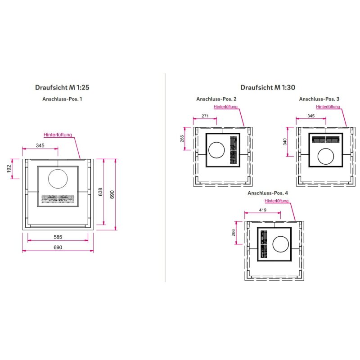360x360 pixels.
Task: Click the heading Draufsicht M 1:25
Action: point(62,87)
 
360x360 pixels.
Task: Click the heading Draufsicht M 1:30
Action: point(268,87)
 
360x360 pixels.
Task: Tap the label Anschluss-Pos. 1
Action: point(62,99)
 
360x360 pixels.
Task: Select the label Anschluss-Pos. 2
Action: point(216,99)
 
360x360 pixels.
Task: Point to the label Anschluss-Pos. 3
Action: point(319,99)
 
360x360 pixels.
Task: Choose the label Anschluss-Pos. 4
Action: point(268,193)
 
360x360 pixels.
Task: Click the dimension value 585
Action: point(58,237)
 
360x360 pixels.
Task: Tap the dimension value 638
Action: point(100,192)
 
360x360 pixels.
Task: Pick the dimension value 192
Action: point(9,169)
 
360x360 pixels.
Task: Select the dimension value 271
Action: point(205,116)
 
